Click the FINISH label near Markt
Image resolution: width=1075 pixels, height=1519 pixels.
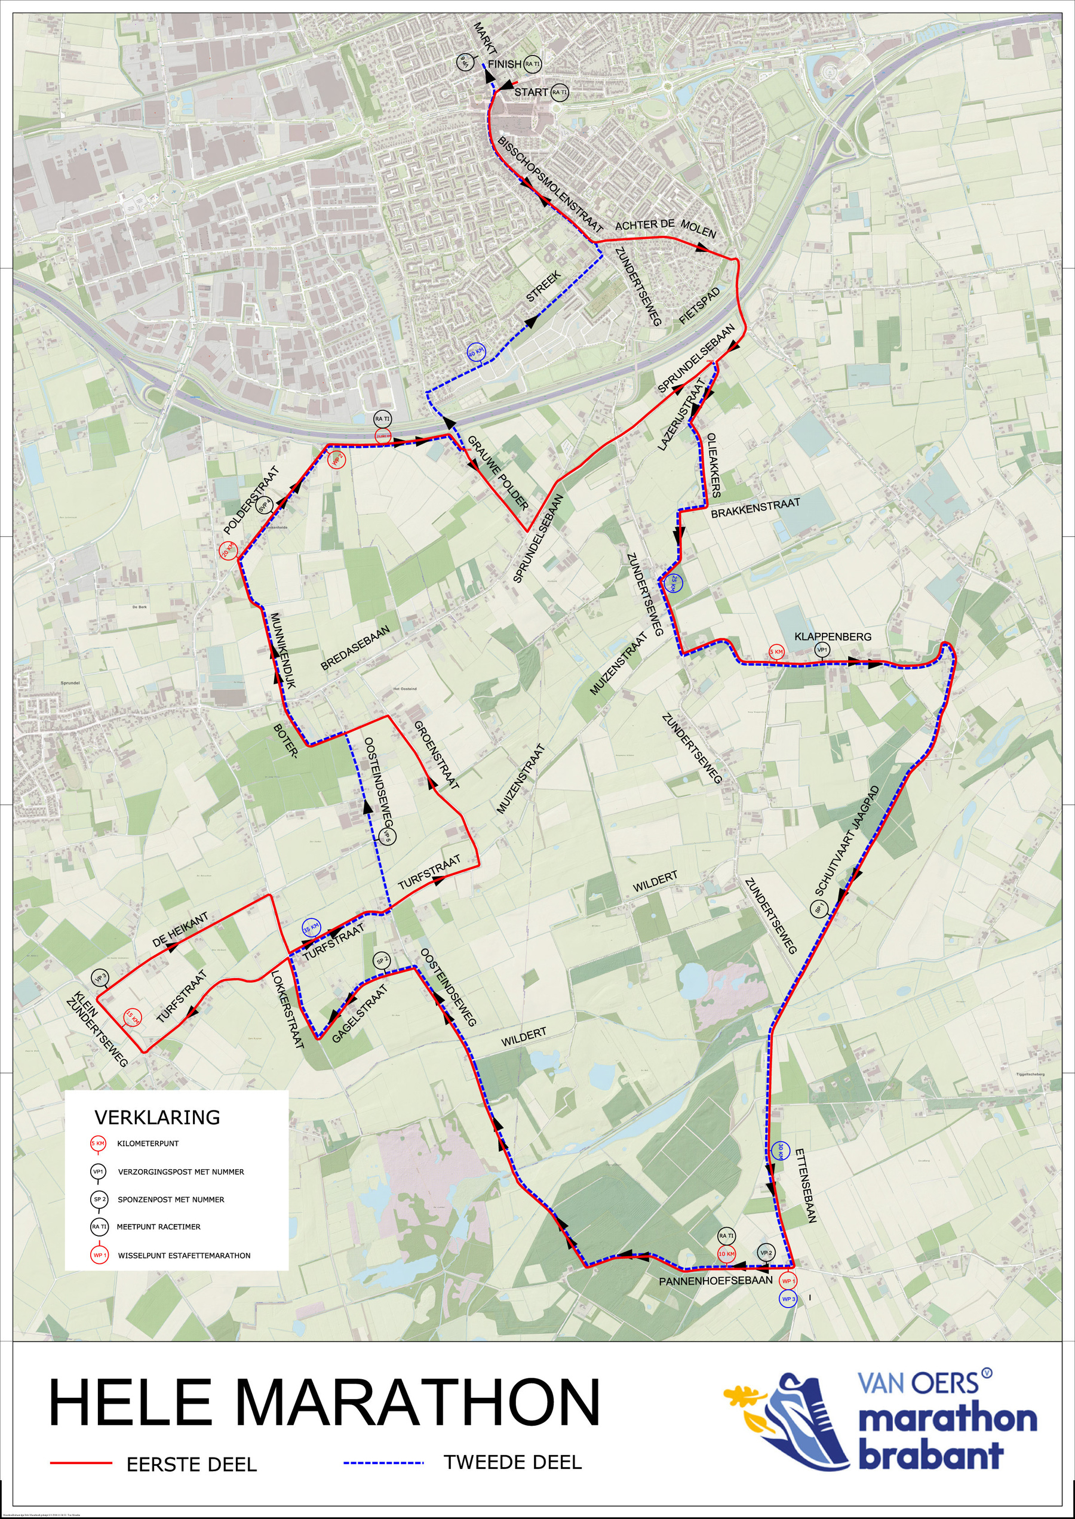505,64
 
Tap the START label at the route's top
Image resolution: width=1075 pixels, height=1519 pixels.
531,92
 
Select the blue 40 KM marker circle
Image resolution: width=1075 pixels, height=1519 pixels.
476,353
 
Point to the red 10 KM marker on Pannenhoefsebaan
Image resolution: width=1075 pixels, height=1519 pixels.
726,1254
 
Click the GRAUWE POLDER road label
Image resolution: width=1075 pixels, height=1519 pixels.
497,472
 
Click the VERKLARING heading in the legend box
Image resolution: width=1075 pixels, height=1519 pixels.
157,1117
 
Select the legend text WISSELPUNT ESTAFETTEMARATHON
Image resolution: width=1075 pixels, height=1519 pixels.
184,1256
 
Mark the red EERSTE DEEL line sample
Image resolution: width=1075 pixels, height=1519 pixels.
81,1463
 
